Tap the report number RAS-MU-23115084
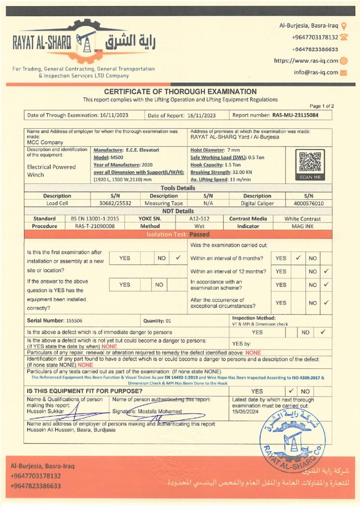tap(295, 115)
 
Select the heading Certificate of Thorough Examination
tap(180, 91)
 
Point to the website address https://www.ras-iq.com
tap(306, 61)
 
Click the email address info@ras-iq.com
tap(316, 72)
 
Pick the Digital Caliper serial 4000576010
tap(308, 203)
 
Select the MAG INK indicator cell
tap(302, 226)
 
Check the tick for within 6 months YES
tap(298, 258)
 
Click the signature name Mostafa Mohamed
tap(160, 412)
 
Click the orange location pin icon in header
tap(344, 25)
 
